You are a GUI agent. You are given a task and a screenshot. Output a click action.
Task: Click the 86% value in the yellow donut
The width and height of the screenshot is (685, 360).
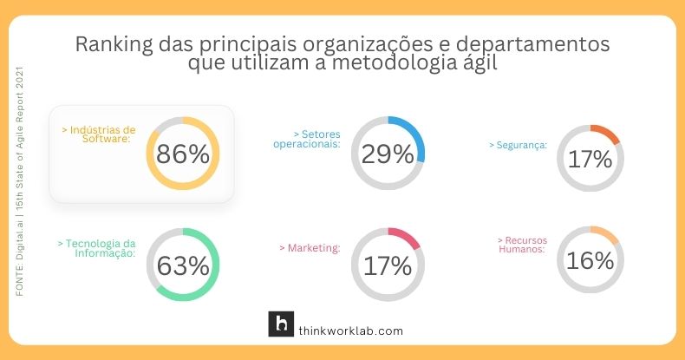(x=183, y=154)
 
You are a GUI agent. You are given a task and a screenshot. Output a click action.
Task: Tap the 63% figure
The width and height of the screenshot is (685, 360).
(x=183, y=265)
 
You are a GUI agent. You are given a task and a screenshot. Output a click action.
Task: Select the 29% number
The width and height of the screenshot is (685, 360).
(x=388, y=154)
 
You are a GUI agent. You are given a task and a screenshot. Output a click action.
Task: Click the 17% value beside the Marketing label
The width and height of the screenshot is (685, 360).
(x=388, y=265)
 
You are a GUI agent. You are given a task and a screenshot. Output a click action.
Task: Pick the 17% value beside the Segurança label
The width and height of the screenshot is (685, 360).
(x=590, y=159)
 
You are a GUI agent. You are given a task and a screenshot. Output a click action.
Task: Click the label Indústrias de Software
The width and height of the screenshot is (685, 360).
(x=99, y=134)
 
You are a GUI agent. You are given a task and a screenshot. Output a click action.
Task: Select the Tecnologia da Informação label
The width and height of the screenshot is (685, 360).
(x=96, y=248)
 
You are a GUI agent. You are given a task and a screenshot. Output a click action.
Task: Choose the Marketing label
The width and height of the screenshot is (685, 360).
(x=310, y=248)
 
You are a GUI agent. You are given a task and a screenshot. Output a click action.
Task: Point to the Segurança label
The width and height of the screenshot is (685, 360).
(x=518, y=146)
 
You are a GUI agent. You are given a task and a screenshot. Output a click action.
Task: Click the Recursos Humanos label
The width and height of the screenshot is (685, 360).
(x=521, y=244)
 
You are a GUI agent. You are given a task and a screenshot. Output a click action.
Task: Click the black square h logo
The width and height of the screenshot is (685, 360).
(x=281, y=324)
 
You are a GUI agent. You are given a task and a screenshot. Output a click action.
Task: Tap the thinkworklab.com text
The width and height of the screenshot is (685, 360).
(x=350, y=331)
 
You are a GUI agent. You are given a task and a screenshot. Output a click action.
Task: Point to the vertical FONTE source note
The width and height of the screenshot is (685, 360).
(x=20, y=182)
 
